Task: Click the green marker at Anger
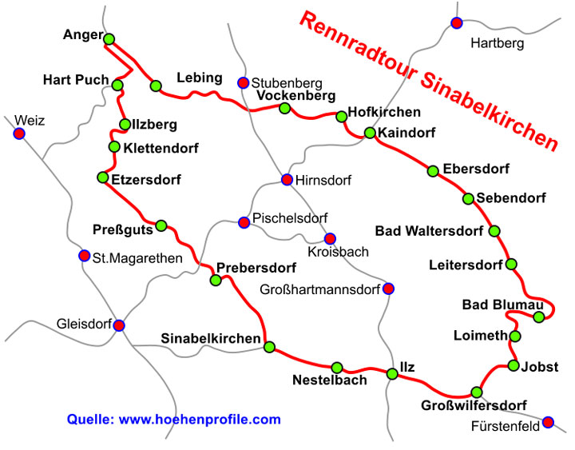click(109, 38)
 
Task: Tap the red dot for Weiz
click(19, 133)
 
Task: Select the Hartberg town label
click(498, 43)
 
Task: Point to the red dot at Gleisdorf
click(119, 325)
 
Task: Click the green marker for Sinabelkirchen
click(270, 347)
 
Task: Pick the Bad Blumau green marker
click(539, 317)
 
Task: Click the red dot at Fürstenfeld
click(548, 422)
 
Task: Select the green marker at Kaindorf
click(370, 133)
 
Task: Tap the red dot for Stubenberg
click(243, 82)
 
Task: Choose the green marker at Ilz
click(392, 373)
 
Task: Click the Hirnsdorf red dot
click(287, 180)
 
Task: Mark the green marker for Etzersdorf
click(102, 177)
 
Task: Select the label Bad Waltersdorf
click(429, 232)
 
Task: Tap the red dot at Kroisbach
click(329, 238)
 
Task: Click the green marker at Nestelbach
click(337, 367)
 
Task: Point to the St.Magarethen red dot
click(84, 256)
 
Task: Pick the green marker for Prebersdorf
click(215, 280)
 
